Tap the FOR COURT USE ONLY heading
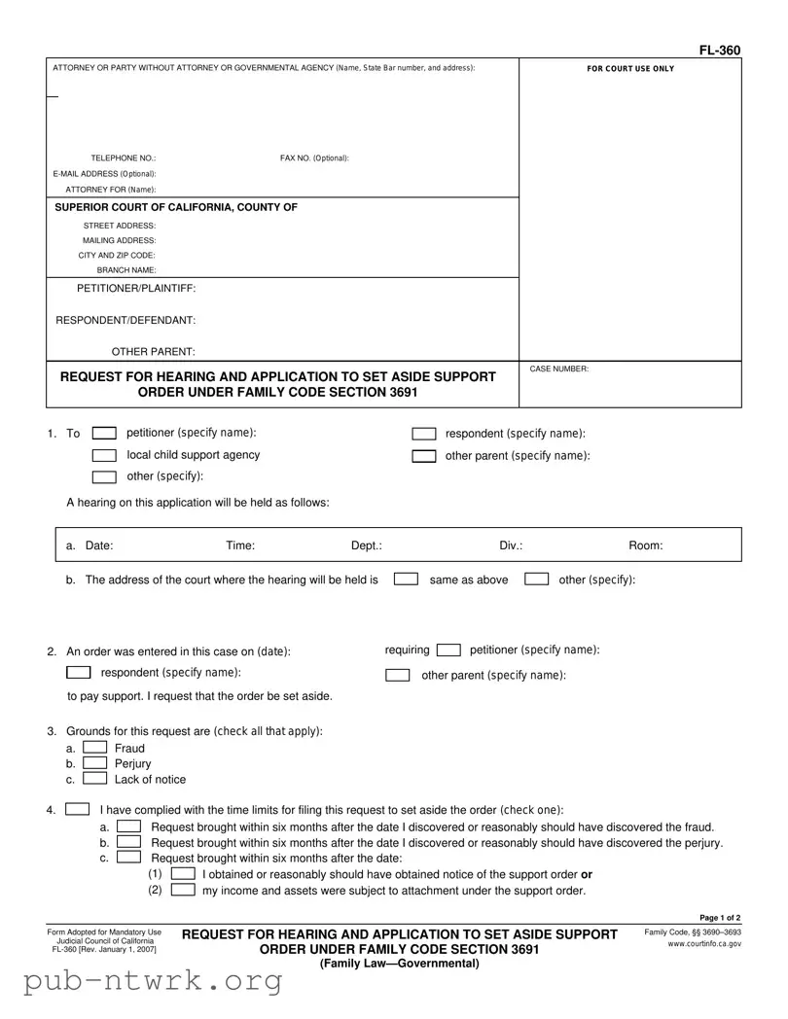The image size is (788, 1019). [x=629, y=69]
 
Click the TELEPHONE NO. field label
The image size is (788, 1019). [x=124, y=158]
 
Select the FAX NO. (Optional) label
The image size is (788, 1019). [x=314, y=158]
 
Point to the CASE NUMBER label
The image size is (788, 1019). [x=558, y=369]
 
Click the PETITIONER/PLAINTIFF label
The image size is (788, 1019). [x=136, y=288]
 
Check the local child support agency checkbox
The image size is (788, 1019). [x=104, y=456]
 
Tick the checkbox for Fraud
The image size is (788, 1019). [x=94, y=748]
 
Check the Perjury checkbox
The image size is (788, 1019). [x=94, y=763]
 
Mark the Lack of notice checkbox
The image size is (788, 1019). [x=94, y=779]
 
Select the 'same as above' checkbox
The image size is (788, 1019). [x=406, y=580]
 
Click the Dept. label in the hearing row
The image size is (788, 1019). [x=366, y=546]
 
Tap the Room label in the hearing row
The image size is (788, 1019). [x=646, y=546]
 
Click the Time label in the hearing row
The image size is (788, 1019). [x=240, y=546]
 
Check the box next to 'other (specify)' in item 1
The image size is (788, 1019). [x=104, y=476]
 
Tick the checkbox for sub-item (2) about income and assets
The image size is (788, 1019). [x=183, y=890]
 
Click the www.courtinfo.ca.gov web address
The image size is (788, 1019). [x=705, y=944]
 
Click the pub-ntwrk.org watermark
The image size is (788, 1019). [x=141, y=983]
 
